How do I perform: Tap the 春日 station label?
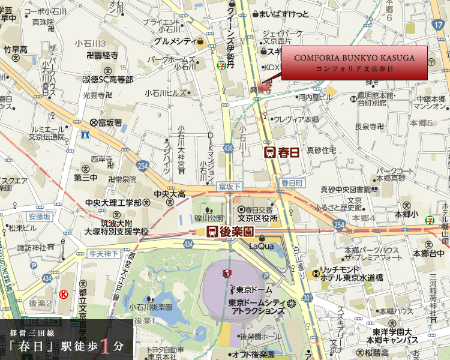[x=283, y=152]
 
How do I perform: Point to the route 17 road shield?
[x=437, y=25]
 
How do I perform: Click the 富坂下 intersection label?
[x=229, y=187]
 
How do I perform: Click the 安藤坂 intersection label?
[x=40, y=216]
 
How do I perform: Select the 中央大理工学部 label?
[x=113, y=203]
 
